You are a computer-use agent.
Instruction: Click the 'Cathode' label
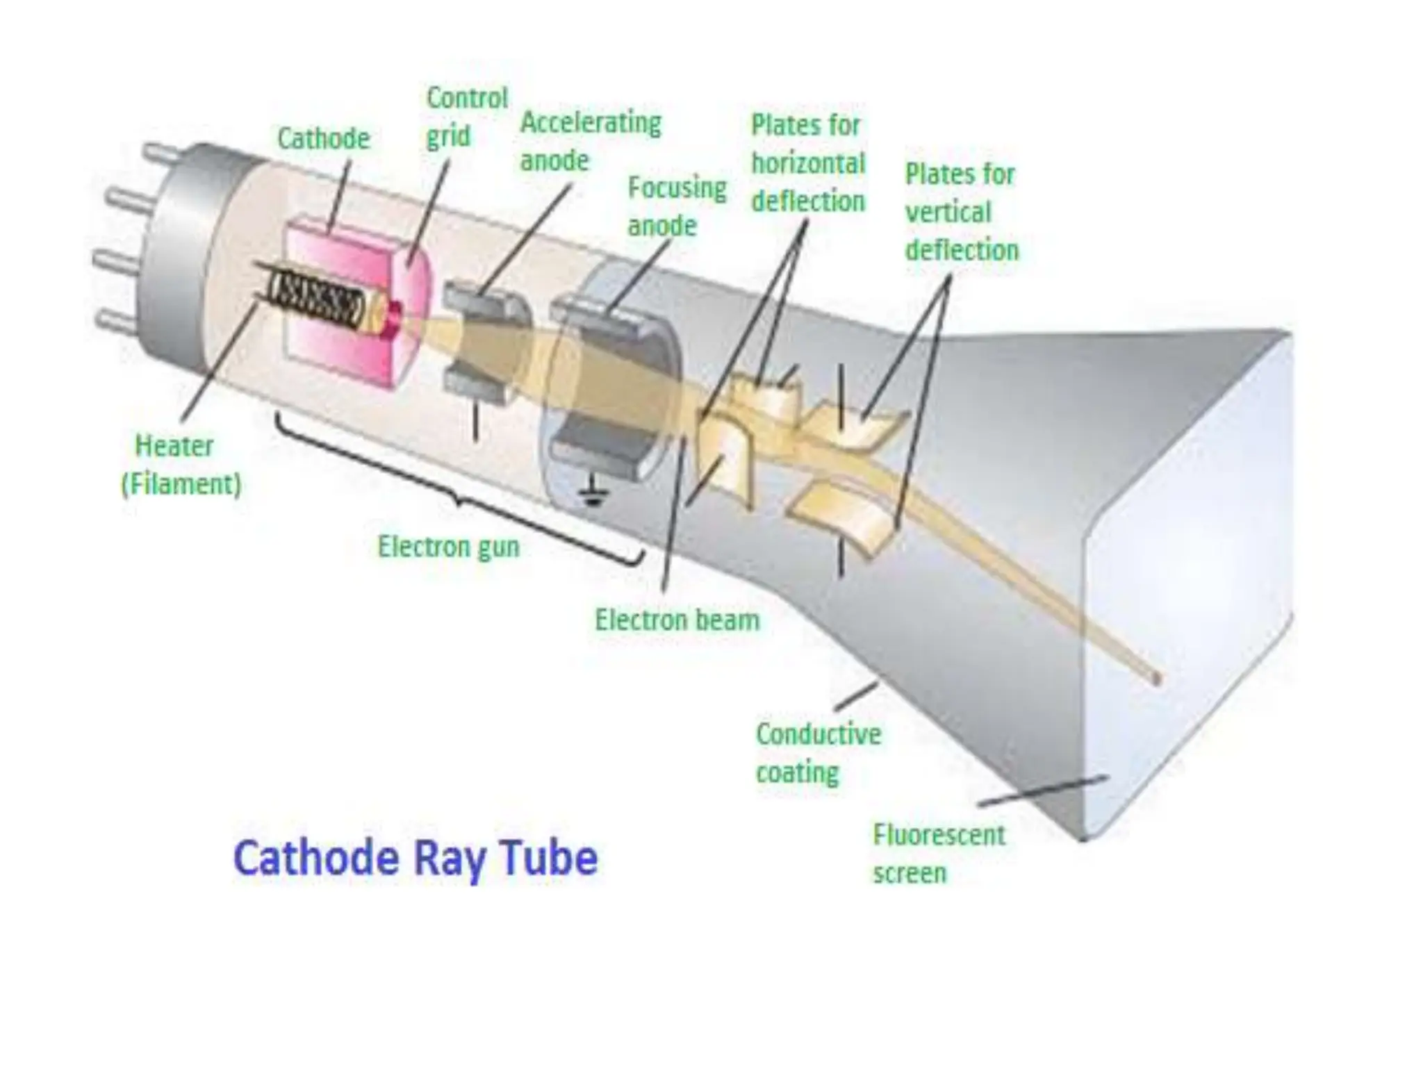coord(323,139)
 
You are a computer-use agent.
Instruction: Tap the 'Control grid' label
coord(466,117)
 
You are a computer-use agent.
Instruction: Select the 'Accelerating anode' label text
coord(591,142)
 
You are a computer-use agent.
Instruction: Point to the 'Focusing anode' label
coord(677,206)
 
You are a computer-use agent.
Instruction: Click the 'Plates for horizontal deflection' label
coord(807,163)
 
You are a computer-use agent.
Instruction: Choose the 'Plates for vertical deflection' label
coord(961,212)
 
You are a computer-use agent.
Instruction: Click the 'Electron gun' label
coord(448,547)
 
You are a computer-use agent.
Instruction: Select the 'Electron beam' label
coord(677,620)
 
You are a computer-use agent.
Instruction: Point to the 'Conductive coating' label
coord(818,753)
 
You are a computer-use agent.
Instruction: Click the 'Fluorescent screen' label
coord(938,854)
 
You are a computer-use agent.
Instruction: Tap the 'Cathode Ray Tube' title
coord(416,858)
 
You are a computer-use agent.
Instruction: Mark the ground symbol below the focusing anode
coord(592,494)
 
